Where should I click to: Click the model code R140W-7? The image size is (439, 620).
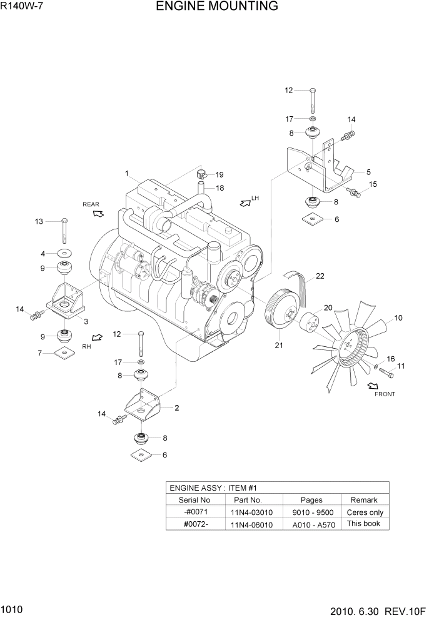tap(23, 7)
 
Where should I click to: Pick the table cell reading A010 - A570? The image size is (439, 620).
tap(313, 524)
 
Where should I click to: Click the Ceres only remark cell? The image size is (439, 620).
tap(365, 512)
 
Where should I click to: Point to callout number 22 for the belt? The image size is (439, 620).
tap(320, 276)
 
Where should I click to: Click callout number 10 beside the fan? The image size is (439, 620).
tap(398, 317)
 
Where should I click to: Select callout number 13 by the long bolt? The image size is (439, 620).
tap(39, 221)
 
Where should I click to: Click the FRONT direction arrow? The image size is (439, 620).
tap(374, 386)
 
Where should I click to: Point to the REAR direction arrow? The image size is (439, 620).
tap(98, 213)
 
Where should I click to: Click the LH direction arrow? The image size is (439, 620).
tap(245, 202)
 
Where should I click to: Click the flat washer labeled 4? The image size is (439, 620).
tap(64, 254)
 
